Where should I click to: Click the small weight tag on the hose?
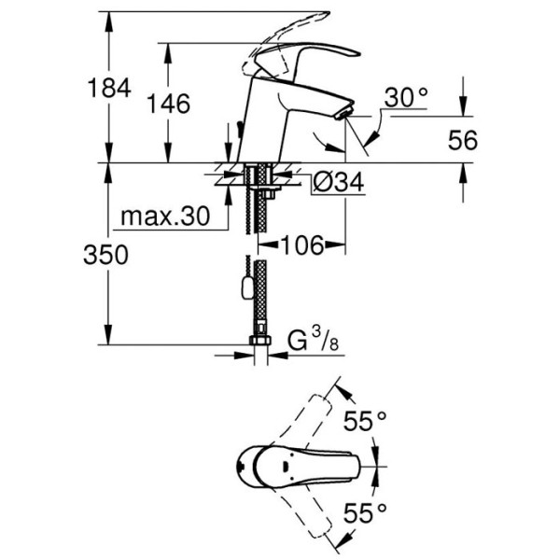[245, 289]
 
